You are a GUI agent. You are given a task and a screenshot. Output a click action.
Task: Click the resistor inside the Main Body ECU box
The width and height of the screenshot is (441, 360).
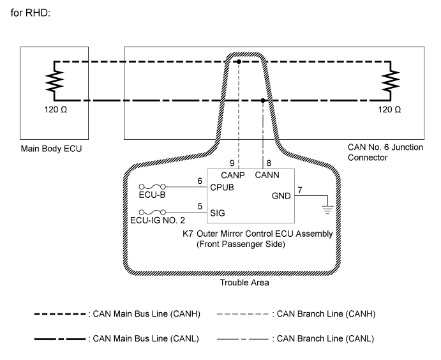coord(54,81)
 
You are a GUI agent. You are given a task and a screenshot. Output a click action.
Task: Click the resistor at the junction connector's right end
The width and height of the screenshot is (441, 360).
coord(390,81)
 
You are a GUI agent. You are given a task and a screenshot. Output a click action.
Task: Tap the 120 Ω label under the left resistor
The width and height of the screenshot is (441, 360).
coord(54,110)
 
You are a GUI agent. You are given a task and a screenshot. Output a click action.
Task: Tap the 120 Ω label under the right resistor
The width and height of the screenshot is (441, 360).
coord(390,110)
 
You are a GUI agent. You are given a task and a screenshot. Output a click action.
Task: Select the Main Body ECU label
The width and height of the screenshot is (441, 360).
coord(51,149)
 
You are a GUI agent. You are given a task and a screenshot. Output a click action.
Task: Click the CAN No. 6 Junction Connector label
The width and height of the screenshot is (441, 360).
coord(386,151)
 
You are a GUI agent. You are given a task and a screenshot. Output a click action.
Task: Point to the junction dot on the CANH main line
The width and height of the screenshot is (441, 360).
coord(237,62)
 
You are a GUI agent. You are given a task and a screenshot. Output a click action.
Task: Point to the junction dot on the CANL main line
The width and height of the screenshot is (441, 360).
coord(263,100)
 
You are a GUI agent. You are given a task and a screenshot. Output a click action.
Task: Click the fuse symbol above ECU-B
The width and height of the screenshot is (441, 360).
coord(152,187)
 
